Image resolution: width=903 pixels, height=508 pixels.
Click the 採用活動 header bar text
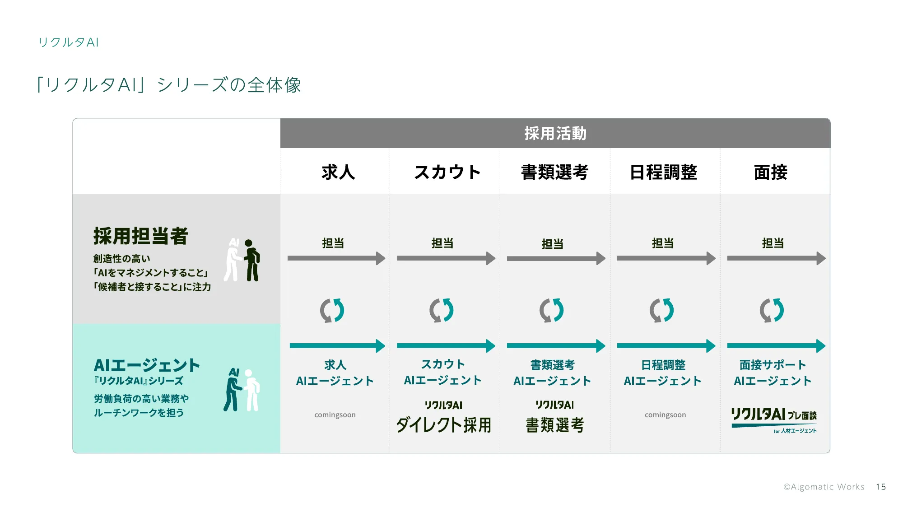tap(555, 134)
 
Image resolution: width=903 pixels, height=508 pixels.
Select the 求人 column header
tap(338, 172)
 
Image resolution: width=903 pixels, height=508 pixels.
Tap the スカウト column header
tap(447, 172)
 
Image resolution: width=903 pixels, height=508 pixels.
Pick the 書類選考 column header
tap(554, 172)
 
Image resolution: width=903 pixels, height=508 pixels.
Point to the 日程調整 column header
tap(663, 172)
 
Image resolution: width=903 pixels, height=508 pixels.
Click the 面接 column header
tap(771, 172)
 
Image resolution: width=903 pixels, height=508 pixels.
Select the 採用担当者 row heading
tap(140, 236)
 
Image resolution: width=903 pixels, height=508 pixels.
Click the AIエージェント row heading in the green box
tap(147, 365)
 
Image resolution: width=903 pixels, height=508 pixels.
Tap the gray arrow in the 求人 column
tap(336, 258)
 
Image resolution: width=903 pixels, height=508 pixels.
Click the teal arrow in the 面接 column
tap(776, 346)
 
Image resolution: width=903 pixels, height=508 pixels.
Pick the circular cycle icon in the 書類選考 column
tap(552, 310)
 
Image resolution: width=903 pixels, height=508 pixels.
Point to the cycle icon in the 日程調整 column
tap(662, 310)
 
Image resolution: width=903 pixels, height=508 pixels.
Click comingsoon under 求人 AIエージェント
tap(335, 415)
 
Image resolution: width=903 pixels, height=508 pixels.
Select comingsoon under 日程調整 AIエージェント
tap(665, 415)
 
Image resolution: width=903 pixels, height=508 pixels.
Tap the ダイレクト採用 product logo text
tap(444, 425)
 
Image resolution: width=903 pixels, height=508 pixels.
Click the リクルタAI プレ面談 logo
tap(774, 419)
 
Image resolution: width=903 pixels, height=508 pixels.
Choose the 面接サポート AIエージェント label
tap(773, 373)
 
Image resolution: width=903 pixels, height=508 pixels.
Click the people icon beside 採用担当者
tap(242, 261)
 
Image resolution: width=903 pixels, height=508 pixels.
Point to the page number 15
tap(881, 487)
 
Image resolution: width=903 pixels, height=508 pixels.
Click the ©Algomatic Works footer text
tap(824, 487)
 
